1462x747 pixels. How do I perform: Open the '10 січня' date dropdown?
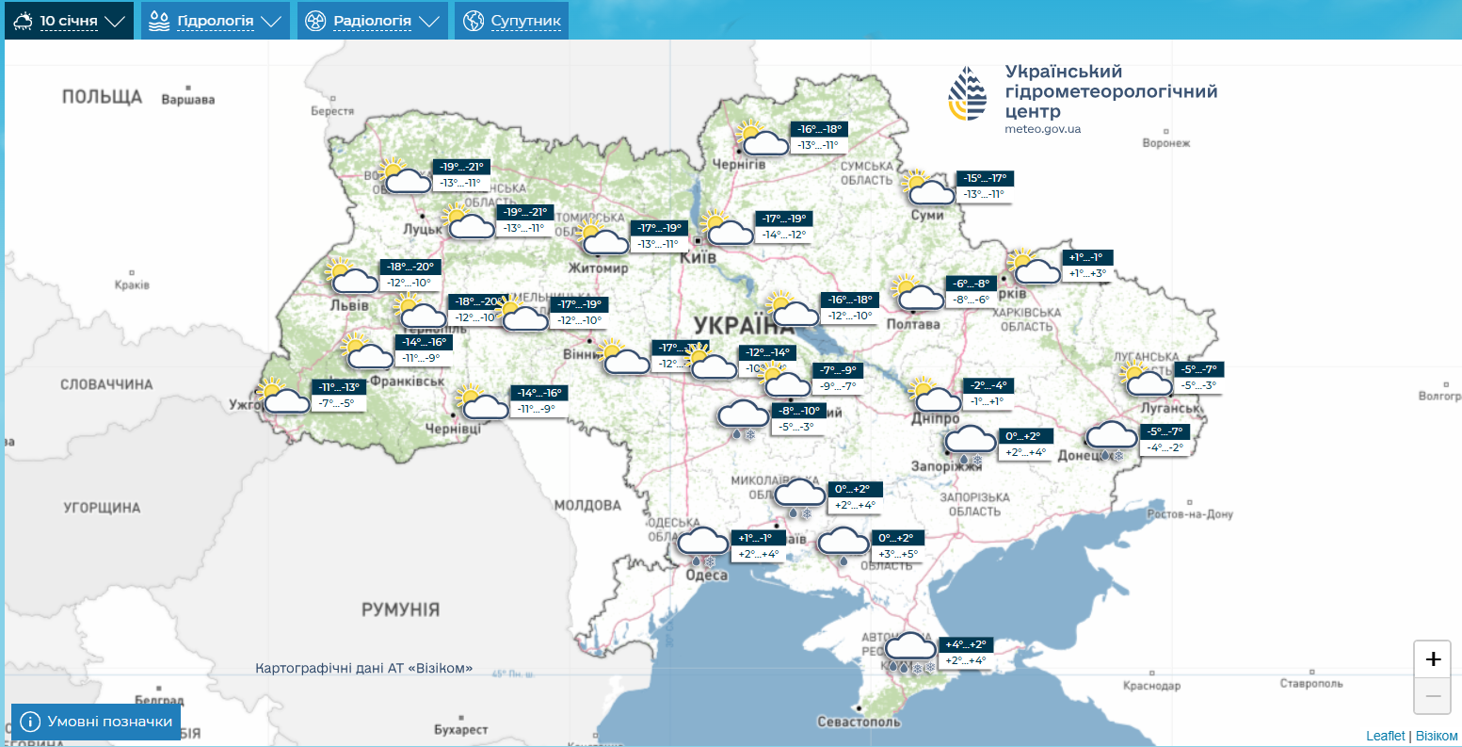point(69,21)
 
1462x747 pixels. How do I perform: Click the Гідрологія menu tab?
point(215,21)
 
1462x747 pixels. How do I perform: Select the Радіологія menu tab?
point(372,21)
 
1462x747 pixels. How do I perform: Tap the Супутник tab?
point(512,21)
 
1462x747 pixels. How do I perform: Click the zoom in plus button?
point(1432,659)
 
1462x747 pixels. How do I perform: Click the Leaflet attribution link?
point(1385,736)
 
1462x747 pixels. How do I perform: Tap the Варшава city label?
point(188,100)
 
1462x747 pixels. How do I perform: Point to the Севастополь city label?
point(859,722)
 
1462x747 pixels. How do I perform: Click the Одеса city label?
point(706,576)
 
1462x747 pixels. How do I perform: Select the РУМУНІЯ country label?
point(400,609)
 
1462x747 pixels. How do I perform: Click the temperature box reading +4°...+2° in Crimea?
point(966,645)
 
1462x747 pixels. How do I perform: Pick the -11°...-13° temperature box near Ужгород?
point(339,387)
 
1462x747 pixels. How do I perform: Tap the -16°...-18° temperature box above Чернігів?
point(819,130)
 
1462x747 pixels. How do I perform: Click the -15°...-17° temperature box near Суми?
point(986,179)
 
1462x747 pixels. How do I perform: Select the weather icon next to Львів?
point(351,276)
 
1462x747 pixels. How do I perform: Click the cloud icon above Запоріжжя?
point(970,441)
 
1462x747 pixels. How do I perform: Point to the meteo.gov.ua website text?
point(1042,129)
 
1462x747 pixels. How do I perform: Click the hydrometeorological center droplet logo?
point(968,93)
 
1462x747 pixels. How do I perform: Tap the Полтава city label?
point(912,324)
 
